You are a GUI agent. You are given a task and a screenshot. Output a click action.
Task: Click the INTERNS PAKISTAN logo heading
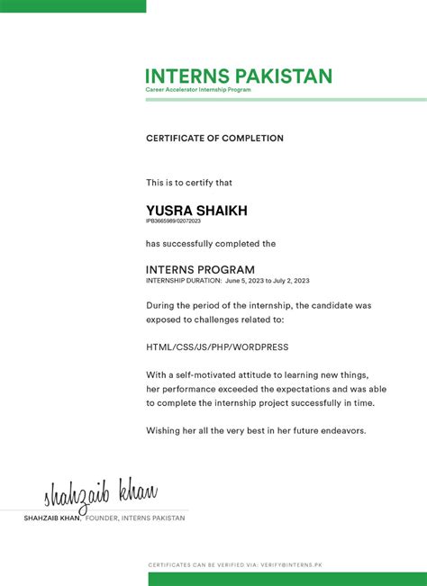(x=239, y=77)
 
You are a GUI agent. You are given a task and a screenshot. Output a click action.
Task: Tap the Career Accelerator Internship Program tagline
(x=198, y=90)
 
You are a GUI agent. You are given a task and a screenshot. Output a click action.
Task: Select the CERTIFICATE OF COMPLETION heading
(x=214, y=139)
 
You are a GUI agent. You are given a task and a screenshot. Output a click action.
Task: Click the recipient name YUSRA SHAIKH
(x=196, y=211)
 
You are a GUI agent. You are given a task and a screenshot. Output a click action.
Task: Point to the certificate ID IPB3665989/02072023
(x=173, y=221)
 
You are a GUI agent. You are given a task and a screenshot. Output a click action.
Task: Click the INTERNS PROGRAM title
(x=200, y=270)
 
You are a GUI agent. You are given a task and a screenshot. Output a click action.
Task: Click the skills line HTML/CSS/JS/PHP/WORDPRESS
(x=217, y=347)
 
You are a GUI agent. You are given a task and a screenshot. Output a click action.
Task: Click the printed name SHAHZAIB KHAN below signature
(x=52, y=518)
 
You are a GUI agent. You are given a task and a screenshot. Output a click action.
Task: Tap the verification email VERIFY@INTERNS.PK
(x=291, y=564)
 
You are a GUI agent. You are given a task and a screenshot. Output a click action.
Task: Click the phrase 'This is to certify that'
(x=189, y=183)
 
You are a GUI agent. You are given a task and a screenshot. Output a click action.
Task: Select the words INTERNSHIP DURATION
(x=183, y=281)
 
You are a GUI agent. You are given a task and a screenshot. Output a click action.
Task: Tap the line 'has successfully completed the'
(x=211, y=244)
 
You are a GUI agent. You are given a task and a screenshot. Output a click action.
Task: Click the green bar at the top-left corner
(x=72, y=5)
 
